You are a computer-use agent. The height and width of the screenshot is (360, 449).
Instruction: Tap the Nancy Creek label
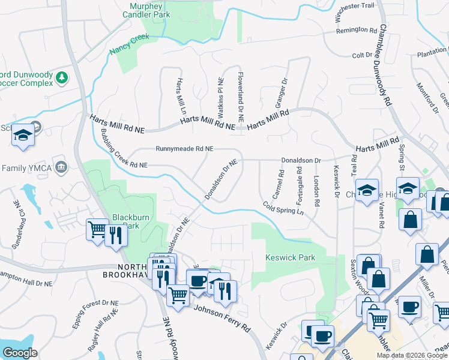pyautogui.click(x=129, y=45)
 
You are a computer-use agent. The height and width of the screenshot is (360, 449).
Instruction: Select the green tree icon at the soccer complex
pyautogui.click(x=61, y=77)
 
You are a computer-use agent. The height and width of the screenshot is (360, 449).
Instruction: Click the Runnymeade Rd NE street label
pyautogui.click(x=184, y=148)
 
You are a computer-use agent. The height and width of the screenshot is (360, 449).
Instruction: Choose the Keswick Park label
pyautogui.click(x=291, y=257)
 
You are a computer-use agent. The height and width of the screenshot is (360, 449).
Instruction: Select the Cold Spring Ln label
pyautogui.click(x=283, y=208)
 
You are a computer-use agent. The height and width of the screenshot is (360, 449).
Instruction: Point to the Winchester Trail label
pyautogui.click(x=357, y=5)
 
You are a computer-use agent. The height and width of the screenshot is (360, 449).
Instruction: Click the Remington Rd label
pyautogui.click(x=360, y=29)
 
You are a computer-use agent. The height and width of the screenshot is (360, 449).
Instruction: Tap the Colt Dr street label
pyautogui.click(x=363, y=55)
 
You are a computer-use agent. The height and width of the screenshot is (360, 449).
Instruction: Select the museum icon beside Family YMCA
pyautogui.click(x=60, y=166)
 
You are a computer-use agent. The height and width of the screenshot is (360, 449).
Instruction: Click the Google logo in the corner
pyautogui.click(x=20, y=353)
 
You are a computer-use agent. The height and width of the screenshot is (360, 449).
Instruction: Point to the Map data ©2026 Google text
pyautogui.click(x=412, y=355)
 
